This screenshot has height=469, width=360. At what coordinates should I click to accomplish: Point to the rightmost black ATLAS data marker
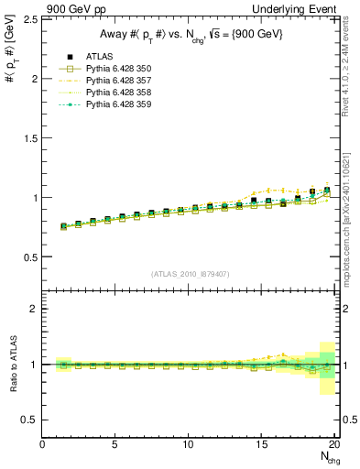(x=327, y=190)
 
